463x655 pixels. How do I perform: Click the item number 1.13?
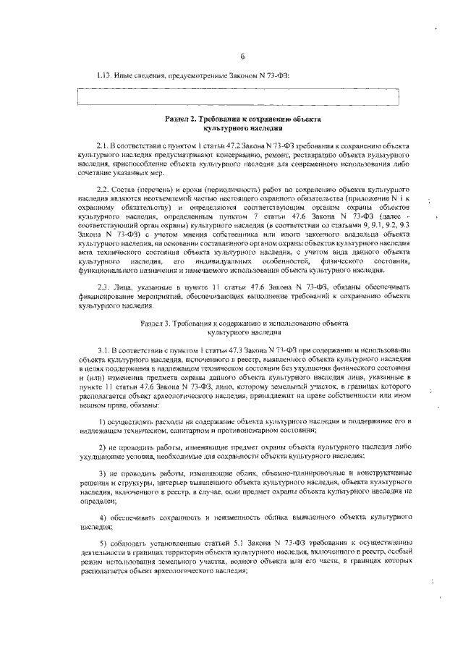tap(106, 75)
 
